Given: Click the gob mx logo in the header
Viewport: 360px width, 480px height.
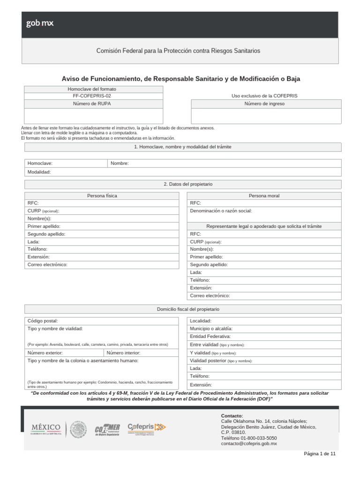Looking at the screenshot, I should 40,23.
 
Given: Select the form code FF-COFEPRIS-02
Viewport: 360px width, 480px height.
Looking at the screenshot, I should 92,96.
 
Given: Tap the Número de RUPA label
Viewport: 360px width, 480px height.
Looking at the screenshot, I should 92,104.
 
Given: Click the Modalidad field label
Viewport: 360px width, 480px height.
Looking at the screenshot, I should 39,172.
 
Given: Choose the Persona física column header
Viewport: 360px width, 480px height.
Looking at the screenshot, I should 102,195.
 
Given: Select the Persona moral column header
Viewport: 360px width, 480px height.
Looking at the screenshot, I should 264,195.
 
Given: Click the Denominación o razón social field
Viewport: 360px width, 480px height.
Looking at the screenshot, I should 264,211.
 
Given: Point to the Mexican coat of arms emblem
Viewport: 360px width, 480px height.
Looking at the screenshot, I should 78,429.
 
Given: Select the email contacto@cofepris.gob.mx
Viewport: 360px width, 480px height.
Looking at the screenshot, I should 249,443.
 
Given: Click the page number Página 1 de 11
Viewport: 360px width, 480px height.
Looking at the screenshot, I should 320,454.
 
